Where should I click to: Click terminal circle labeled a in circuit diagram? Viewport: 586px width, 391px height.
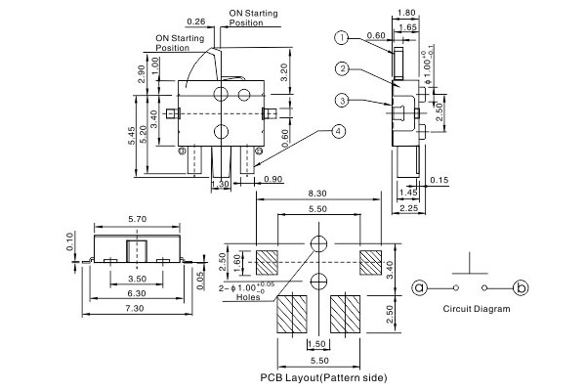(x=420, y=287)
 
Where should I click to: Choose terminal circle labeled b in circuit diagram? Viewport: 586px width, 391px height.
(x=522, y=287)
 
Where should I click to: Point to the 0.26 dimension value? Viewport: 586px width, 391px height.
(x=195, y=22)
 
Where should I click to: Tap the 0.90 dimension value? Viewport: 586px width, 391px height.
(x=272, y=179)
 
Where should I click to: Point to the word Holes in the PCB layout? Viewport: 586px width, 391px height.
(x=249, y=297)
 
